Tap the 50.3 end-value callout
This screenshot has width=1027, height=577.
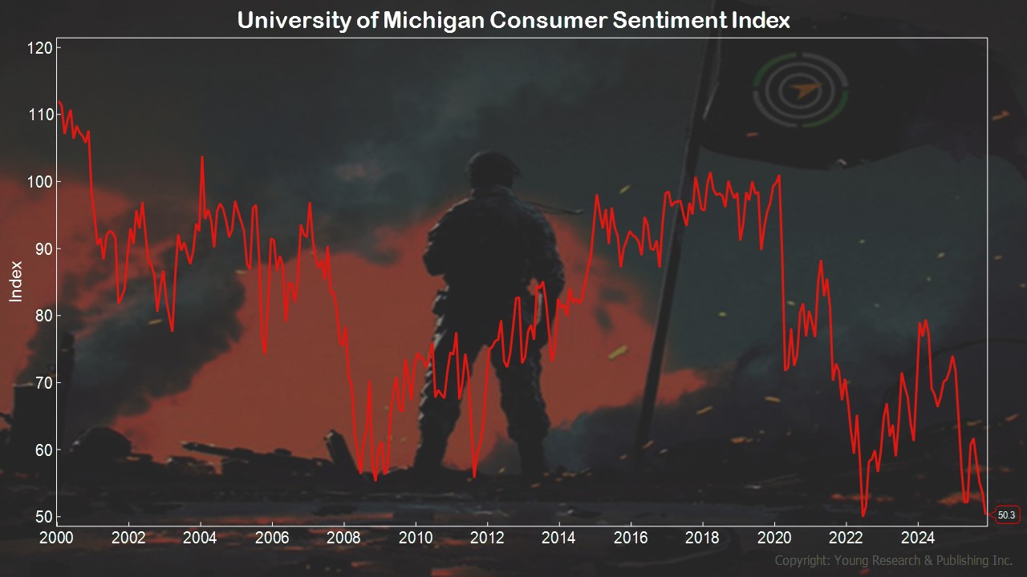click(x=1006, y=515)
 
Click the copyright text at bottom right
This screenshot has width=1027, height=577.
click(x=893, y=560)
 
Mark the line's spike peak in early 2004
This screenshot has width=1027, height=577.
click(x=201, y=157)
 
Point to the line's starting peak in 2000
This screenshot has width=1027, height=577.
click(x=59, y=102)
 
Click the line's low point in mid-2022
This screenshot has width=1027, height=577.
click(x=863, y=515)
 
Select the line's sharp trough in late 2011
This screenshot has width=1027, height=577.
click(x=474, y=476)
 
